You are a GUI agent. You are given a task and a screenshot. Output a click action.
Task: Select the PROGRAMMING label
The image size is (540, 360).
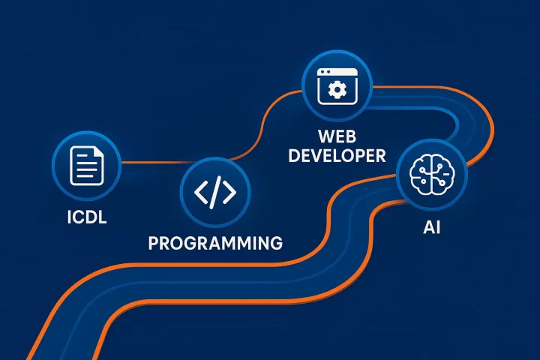pos(215,242)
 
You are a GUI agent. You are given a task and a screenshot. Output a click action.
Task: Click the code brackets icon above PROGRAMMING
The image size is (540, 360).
pos(215,193)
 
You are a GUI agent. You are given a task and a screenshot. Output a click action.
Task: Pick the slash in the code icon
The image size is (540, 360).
pos(215,193)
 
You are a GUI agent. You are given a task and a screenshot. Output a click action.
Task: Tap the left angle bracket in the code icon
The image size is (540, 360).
pos(202,193)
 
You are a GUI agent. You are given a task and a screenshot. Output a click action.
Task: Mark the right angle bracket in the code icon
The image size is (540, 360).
pos(229,193)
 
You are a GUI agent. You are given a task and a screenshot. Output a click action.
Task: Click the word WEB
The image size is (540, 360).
pos(337,137)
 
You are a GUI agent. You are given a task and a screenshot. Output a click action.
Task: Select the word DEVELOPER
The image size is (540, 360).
pos(337,156)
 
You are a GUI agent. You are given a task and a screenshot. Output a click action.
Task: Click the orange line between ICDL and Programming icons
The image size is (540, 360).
pos(150,162)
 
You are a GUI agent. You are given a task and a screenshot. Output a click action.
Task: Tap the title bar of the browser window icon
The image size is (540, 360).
pos(337,74)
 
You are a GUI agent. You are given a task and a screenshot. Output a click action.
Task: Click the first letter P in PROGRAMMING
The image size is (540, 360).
pos(154,242)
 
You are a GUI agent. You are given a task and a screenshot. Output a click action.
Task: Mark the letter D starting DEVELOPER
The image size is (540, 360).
pos(295,156)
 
